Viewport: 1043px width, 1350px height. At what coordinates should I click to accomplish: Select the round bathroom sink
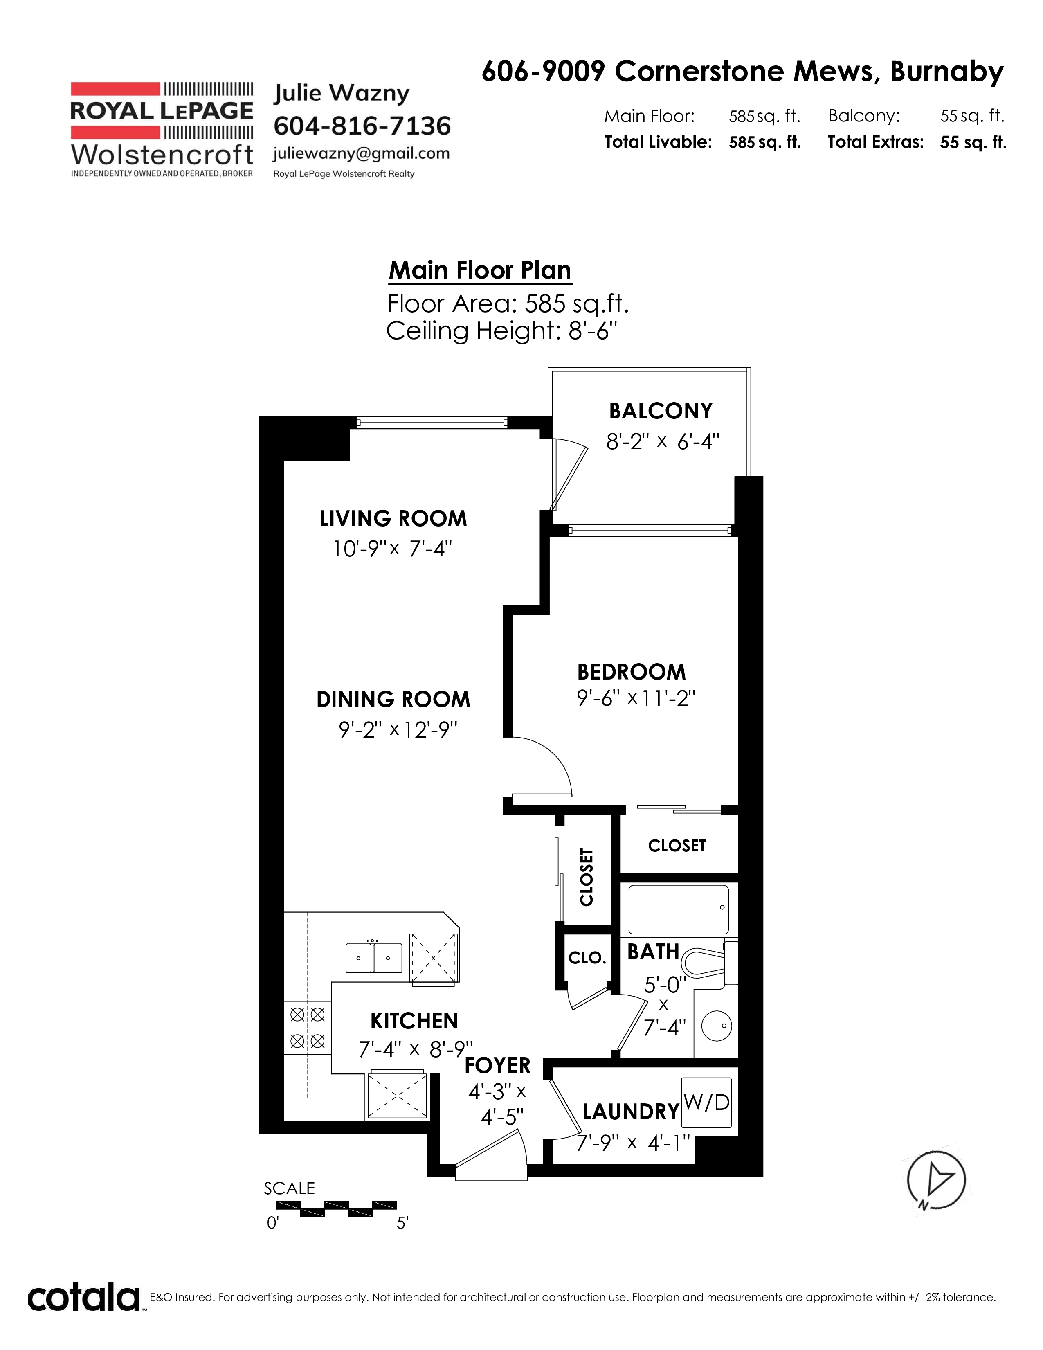pyautogui.click(x=717, y=1026)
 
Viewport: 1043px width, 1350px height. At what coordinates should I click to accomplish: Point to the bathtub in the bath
pyautogui.click(x=679, y=909)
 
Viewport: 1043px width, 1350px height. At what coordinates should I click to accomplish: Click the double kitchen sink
pyautogui.click(x=373, y=958)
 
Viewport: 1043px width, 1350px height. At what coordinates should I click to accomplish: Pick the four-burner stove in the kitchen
pyautogui.click(x=308, y=1027)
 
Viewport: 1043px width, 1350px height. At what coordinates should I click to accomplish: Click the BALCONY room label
pyautogui.click(x=661, y=411)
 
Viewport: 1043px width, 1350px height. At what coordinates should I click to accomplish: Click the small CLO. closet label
pyautogui.click(x=587, y=958)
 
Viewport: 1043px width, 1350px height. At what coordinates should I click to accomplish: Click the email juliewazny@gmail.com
pyautogui.click(x=362, y=154)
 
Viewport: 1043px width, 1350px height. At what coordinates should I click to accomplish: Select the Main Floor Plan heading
pyautogui.click(x=480, y=270)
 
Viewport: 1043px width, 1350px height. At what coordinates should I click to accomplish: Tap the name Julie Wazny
pyautogui.click(x=342, y=93)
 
